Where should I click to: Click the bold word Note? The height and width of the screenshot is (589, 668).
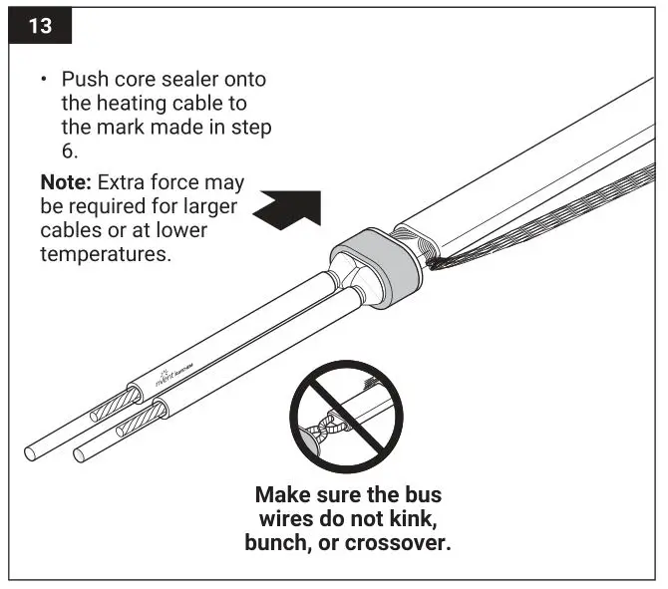point(66,184)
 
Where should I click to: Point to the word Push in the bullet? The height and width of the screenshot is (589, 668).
point(84,80)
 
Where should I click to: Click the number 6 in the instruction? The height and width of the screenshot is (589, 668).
point(68,152)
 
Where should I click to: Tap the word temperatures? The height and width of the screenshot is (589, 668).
point(105,255)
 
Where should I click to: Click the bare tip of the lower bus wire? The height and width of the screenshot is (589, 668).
point(82,457)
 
